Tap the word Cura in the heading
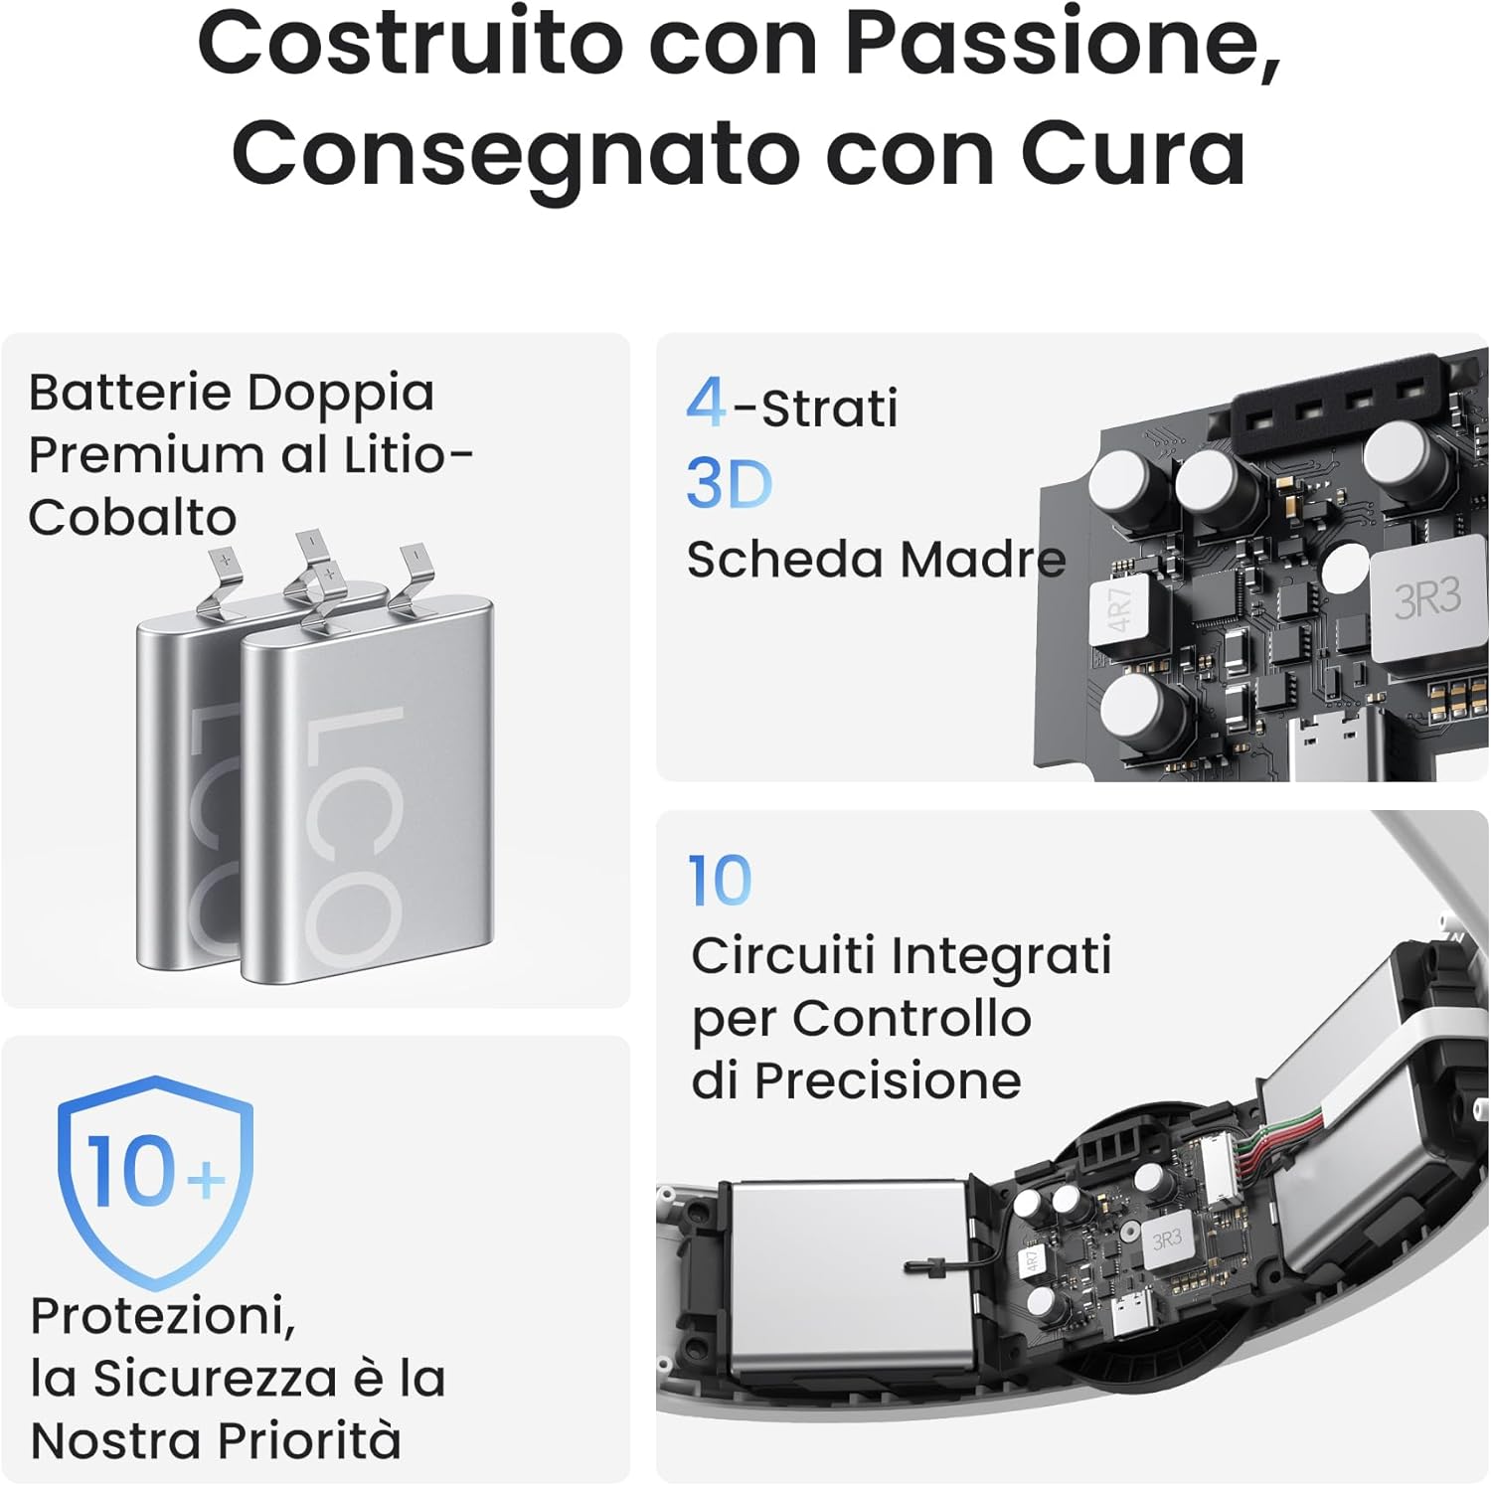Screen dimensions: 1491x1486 click(x=1132, y=153)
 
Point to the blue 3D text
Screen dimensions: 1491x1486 click(x=730, y=484)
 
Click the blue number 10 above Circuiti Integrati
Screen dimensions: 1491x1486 click(x=721, y=881)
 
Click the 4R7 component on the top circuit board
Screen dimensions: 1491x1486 click(x=1120, y=610)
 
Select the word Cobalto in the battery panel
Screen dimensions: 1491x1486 click(x=132, y=517)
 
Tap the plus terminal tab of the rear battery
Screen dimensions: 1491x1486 click(x=226, y=578)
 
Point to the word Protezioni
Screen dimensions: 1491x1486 click(x=163, y=1317)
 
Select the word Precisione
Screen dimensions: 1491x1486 click(x=888, y=1080)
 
